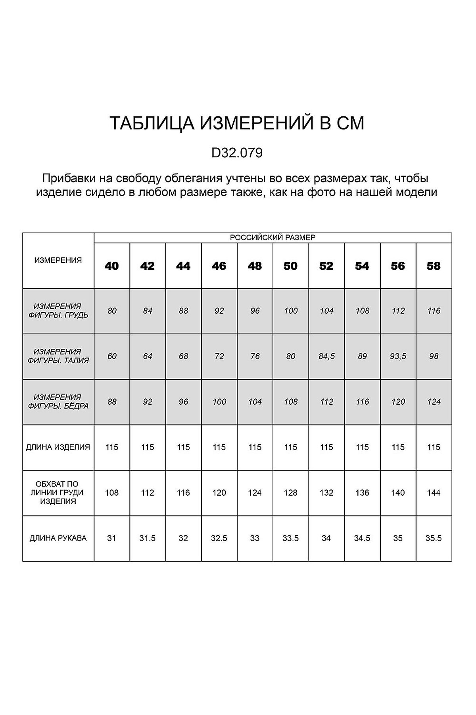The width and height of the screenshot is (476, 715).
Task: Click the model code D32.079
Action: (x=237, y=153)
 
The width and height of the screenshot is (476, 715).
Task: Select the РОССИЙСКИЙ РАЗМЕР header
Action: (x=273, y=238)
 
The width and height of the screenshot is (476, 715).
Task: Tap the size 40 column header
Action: (x=112, y=266)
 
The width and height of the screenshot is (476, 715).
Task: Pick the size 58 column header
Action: (x=434, y=266)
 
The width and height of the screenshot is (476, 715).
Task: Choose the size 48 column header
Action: (x=255, y=266)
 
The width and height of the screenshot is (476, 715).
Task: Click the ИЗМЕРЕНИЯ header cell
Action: (x=58, y=261)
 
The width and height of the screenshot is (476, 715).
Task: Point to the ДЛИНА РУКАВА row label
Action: (x=58, y=538)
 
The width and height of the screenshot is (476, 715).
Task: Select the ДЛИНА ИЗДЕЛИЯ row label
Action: (x=58, y=447)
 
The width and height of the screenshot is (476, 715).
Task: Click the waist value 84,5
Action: (x=326, y=356)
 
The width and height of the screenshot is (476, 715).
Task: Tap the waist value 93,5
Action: (x=398, y=356)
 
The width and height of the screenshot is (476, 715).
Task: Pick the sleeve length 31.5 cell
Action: (x=148, y=538)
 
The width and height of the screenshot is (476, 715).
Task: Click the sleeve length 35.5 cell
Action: (x=434, y=538)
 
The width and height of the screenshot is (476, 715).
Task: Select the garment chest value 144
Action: (x=434, y=493)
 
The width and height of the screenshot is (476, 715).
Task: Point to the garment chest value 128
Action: (x=290, y=493)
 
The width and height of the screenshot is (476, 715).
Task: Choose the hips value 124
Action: (x=434, y=402)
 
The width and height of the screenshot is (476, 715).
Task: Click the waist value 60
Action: (x=112, y=356)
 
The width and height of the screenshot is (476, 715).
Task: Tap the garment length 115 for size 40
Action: (x=112, y=447)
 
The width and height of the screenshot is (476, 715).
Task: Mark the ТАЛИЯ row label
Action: (x=58, y=356)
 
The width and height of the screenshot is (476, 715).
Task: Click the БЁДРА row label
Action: (x=58, y=402)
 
